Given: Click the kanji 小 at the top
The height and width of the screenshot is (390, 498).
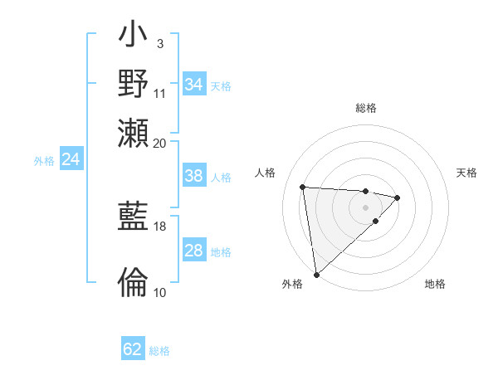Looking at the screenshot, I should click(134, 37).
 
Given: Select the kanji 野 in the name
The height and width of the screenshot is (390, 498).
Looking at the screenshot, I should click(134, 84).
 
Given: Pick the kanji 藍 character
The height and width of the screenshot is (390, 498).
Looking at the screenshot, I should click(134, 217).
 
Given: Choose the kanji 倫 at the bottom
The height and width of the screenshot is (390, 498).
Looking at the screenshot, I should click(134, 282).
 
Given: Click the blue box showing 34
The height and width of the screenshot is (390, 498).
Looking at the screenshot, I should click(193, 85).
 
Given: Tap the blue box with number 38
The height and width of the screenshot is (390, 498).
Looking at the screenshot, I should click(193, 176).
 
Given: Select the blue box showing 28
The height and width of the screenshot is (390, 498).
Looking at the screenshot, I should click(193, 251).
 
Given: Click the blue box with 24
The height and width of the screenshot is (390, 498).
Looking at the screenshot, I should click(71, 160).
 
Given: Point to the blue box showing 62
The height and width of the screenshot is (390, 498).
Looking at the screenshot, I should click(133, 349).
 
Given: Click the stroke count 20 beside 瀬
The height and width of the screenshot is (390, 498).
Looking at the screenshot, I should click(159, 143).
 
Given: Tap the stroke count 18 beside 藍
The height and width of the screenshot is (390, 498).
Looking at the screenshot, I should click(160, 226).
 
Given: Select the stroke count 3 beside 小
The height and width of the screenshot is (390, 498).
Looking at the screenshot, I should click(159, 43).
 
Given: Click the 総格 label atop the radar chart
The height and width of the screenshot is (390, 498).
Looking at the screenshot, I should click(366, 108).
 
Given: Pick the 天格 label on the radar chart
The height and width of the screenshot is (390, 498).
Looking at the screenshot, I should click(467, 173).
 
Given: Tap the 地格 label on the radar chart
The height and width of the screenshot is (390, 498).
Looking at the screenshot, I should click(435, 284).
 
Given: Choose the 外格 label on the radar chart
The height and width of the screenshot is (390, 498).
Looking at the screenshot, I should click(292, 284).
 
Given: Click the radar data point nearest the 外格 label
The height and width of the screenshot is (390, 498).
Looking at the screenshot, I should click(316, 274).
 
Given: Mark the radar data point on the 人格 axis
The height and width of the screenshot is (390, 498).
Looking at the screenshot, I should click(303, 186).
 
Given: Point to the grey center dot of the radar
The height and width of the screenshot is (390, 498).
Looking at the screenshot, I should click(366, 207).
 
